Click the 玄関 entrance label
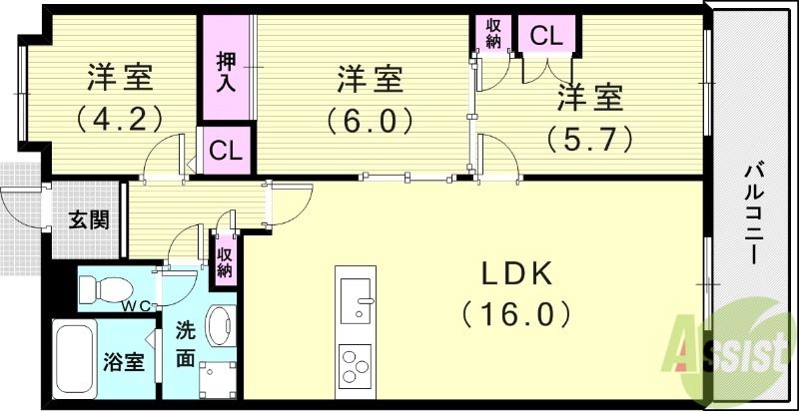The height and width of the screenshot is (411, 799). pos(89,221)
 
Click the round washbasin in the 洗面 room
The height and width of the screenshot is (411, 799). pos(218,323)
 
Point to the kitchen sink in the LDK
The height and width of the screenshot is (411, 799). pos(355,296)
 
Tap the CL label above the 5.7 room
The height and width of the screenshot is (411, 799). pos(546,37)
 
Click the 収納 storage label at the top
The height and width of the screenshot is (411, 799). pos(493,33)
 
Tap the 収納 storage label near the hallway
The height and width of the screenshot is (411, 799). pos(226,260)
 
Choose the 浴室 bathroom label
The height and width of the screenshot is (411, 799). pos(124,362)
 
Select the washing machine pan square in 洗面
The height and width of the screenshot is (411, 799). pos(218,380)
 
